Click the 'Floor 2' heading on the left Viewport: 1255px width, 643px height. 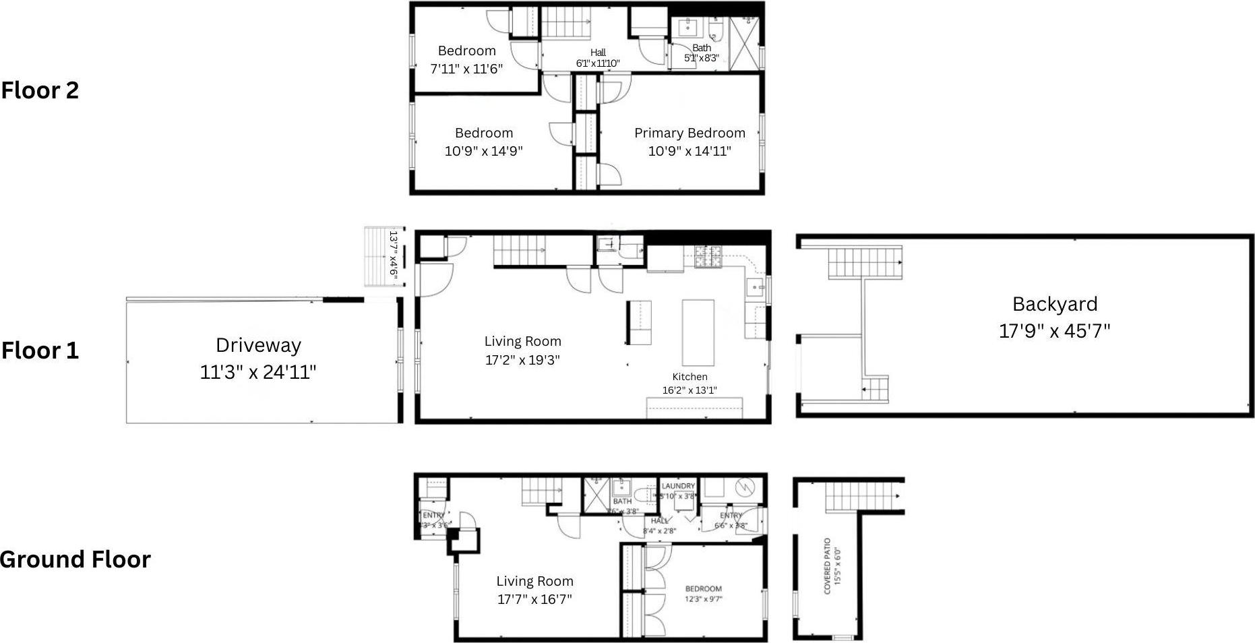click(x=40, y=90)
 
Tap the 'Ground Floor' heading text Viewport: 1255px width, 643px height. click(x=75, y=559)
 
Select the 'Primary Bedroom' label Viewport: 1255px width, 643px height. click(x=690, y=133)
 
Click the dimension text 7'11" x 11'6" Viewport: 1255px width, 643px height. click(x=466, y=69)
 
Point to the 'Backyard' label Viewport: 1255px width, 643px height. click(x=1054, y=304)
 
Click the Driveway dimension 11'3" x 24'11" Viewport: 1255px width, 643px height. click(x=257, y=372)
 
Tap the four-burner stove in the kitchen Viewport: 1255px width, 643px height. click(x=708, y=257)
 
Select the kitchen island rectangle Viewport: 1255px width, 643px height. click(x=698, y=332)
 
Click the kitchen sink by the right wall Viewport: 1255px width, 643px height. click(x=755, y=287)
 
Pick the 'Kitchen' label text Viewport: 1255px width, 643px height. click(x=690, y=377)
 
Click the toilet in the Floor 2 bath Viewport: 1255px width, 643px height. click(x=716, y=30)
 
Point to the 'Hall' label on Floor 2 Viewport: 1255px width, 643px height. click(x=598, y=53)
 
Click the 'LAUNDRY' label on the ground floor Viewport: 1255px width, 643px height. click(x=678, y=486)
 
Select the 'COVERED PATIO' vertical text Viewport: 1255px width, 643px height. click(x=827, y=566)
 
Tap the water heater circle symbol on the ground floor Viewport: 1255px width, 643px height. click(x=745, y=486)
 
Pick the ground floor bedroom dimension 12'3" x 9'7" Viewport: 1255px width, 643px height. click(x=703, y=599)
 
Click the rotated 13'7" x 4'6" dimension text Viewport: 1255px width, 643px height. click(x=393, y=255)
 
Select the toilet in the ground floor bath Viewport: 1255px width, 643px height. click(x=642, y=495)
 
